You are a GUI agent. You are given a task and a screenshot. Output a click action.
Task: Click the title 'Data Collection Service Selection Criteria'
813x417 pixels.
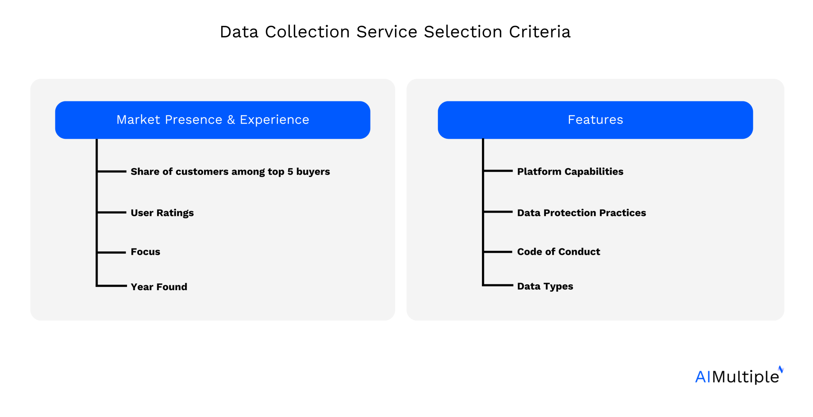coord(395,32)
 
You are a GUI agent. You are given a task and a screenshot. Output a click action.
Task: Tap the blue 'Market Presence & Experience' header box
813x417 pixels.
coord(212,120)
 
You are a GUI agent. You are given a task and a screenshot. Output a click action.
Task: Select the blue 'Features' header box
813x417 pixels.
coord(595,120)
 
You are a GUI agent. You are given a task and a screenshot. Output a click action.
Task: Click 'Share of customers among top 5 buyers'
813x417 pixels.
coord(230,172)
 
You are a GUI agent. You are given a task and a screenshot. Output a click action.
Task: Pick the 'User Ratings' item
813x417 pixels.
coord(162,213)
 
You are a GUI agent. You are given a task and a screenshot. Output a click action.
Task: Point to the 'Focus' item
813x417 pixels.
coord(145,252)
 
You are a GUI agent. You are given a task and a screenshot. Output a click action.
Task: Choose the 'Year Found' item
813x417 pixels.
coord(159,287)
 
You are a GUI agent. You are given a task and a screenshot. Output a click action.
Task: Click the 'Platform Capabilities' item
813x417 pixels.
coord(570,172)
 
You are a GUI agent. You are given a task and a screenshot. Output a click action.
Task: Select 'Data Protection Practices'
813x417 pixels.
coord(581,213)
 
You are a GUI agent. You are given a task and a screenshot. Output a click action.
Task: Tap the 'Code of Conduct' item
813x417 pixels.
coord(559,252)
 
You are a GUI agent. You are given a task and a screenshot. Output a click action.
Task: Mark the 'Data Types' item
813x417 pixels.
coord(545,287)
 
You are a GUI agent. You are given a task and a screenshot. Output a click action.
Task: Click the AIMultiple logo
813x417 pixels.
coord(738,376)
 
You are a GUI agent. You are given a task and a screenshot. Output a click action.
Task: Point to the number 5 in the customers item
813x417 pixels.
coord(290,172)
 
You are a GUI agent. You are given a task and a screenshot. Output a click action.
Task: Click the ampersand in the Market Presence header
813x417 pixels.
coord(231,120)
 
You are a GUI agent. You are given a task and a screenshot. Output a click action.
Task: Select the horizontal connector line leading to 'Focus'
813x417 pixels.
coord(112,252)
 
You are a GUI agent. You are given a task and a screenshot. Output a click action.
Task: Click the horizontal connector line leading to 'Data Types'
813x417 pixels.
coord(498,285)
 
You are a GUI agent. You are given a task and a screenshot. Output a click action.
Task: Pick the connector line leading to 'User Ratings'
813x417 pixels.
coord(112,213)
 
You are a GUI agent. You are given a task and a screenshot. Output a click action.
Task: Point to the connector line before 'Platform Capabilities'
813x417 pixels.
coord(498,171)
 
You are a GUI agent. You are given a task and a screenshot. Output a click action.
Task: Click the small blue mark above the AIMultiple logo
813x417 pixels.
coord(781,369)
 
